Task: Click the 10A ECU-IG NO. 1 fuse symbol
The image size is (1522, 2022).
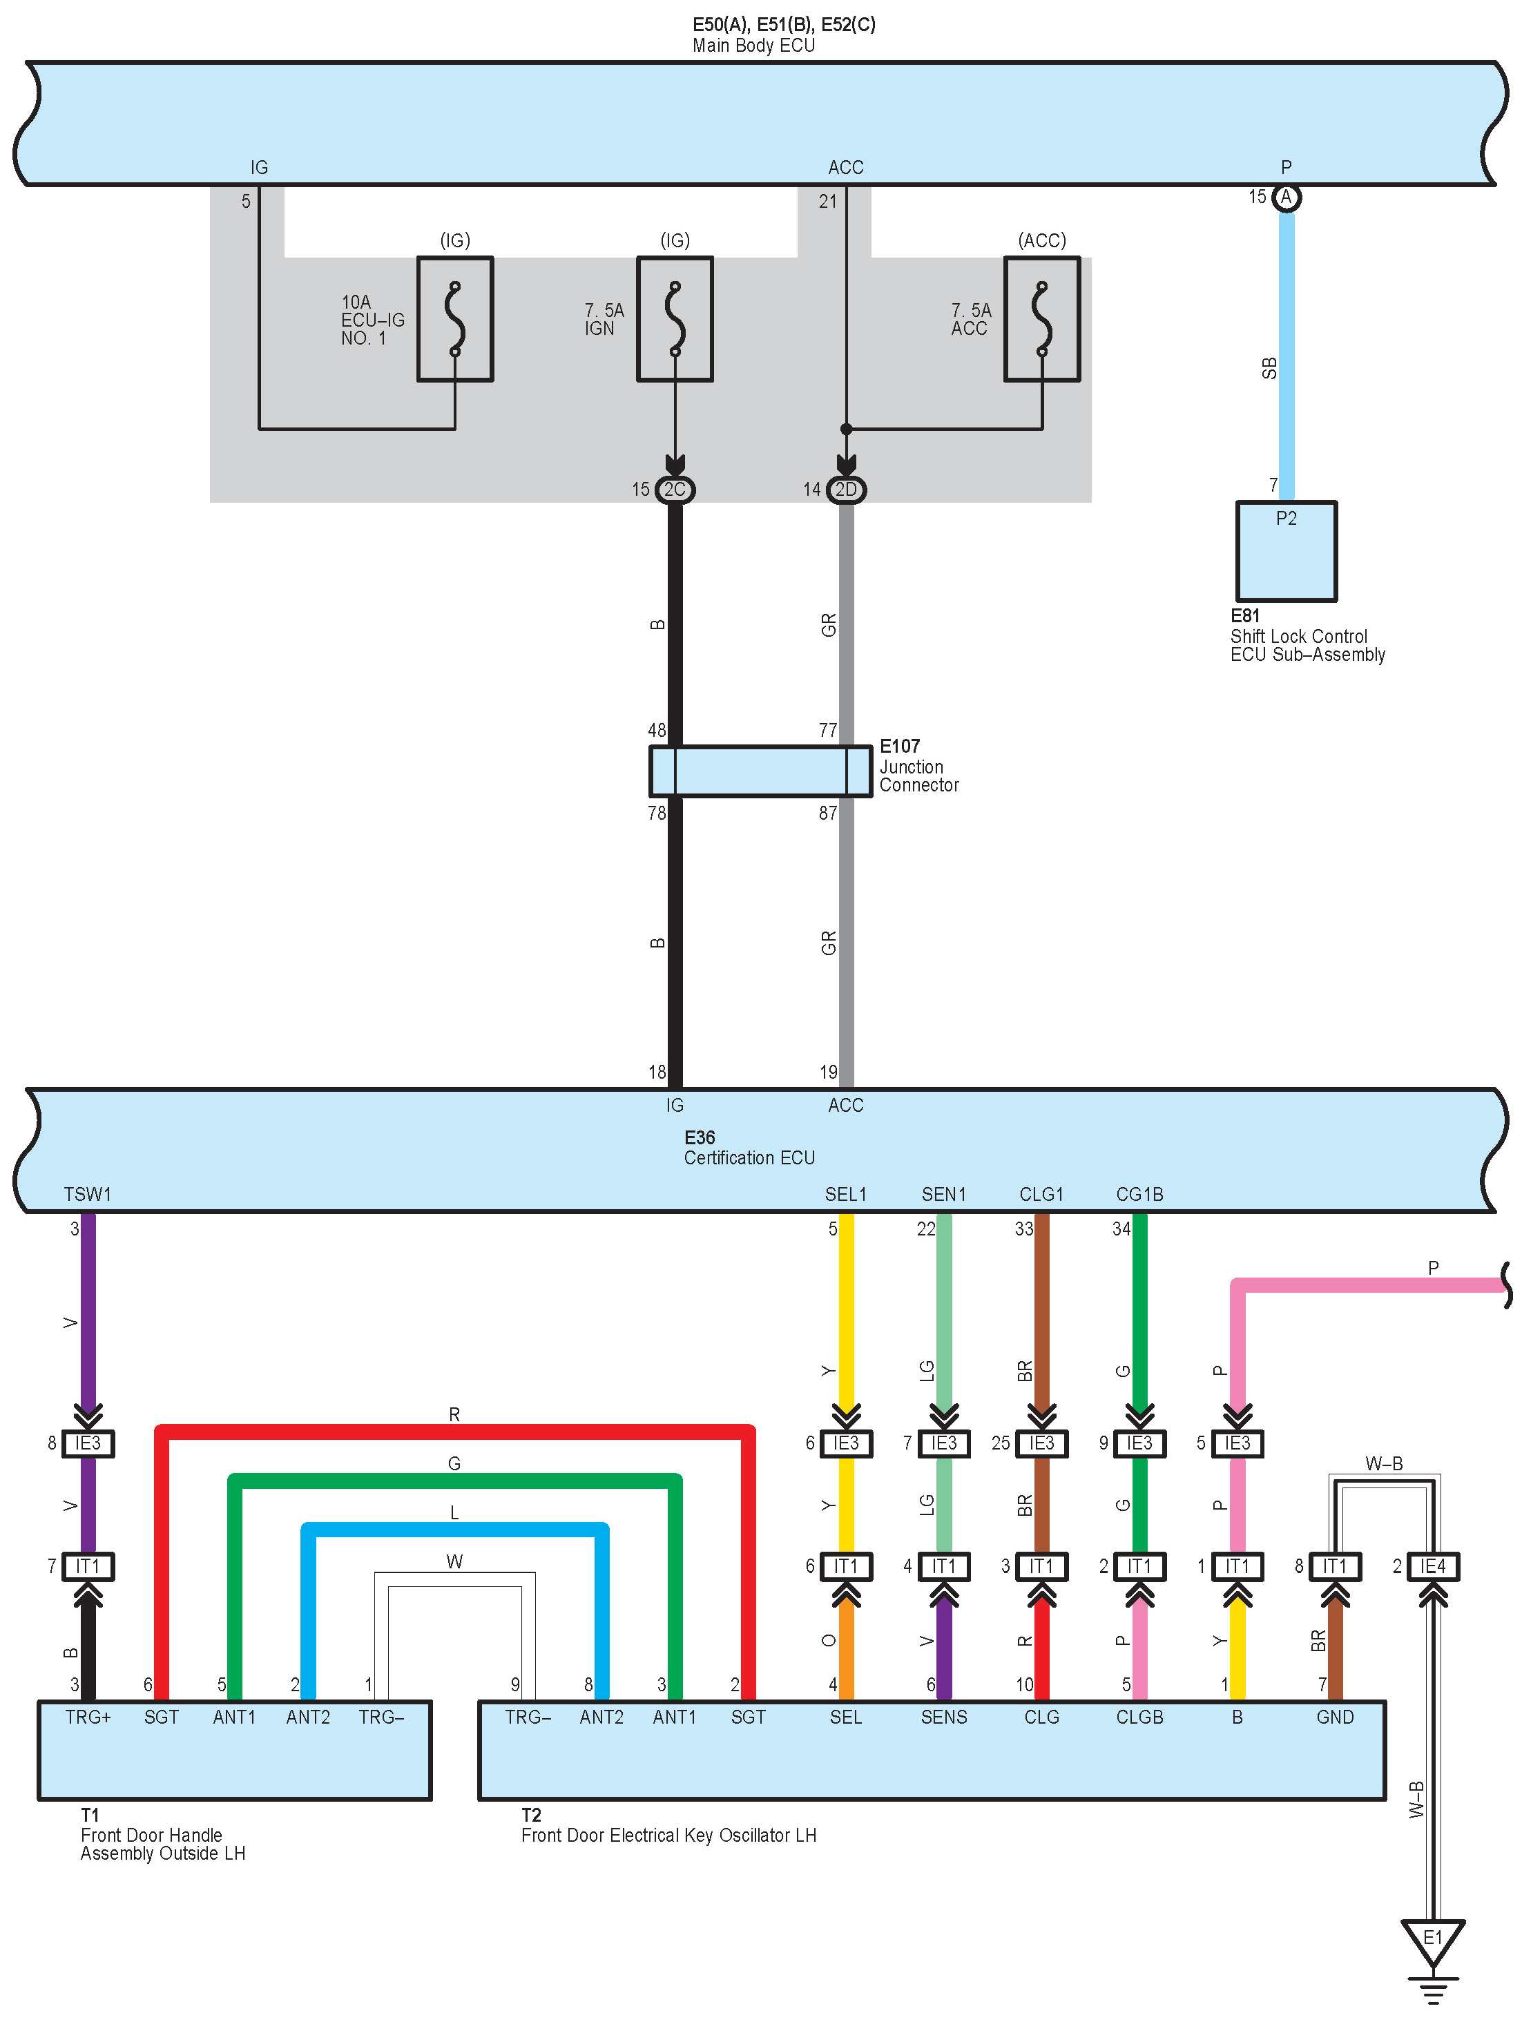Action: click(x=454, y=318)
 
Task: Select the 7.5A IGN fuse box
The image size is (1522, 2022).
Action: click(x=675, y=318)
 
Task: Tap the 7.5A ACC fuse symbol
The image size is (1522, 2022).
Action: click(x=1041, y=318)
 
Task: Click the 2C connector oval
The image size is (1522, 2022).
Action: click(x=675, y=490)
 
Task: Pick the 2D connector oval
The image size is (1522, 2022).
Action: click(x=847, y=490)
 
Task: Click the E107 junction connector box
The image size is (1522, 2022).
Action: click(x=760, y=771)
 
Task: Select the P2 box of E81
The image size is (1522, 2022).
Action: click(x=1286, y=550)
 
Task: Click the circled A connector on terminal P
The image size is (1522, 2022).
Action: click(x=1286, y=198)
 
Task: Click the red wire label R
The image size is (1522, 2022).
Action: click(x=454, y=1414)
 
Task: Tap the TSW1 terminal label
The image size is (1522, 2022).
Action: click(x=88, y=1194)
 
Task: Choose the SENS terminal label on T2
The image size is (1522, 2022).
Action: click(x=943, y=1717)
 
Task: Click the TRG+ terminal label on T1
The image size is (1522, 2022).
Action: click(x=88, y=1717)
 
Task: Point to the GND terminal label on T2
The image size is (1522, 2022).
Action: click(x=1335, y=1717)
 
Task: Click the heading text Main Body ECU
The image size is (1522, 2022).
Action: click(x=753, y=45)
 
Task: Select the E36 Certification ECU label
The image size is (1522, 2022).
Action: click(x=749, y=1148)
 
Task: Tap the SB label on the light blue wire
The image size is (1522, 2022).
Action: click(x=1269, y=367)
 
